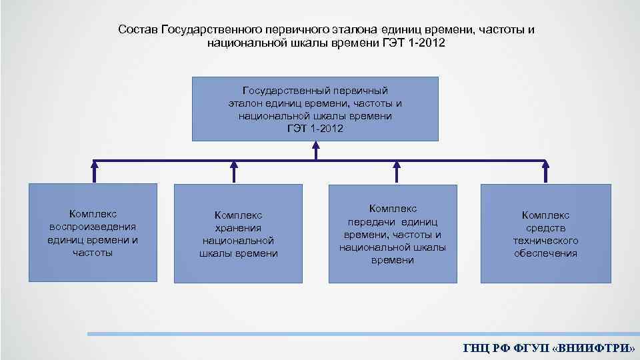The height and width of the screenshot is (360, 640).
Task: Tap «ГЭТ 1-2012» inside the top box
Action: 315,128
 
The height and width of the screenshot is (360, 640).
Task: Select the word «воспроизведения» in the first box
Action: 93,227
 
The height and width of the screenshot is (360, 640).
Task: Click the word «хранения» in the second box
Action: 239,227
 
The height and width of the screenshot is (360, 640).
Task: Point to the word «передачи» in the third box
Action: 371,222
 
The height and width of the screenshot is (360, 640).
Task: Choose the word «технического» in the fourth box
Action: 545,241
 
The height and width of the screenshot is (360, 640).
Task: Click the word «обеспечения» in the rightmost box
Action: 545,253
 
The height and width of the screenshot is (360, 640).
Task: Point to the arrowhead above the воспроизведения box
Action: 95,162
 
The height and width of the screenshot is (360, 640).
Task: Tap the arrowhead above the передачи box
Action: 396,162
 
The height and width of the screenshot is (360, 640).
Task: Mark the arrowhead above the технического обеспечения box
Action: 546,162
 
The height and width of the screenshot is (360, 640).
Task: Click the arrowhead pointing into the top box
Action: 315,145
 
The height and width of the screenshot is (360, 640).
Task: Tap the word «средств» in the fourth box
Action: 545,228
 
